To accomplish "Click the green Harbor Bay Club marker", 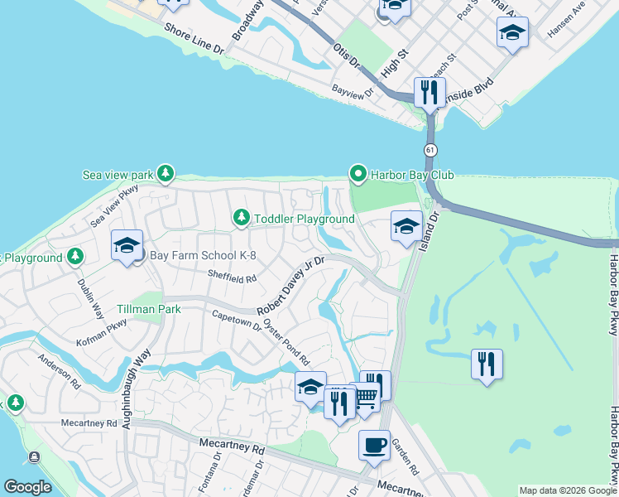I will click(358, 175).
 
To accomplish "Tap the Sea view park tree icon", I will click(166, 173).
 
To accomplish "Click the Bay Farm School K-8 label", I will click(185, 253).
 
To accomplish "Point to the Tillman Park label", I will click(149, 308).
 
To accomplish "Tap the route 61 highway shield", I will click(430, 150).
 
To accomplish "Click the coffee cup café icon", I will click(374, 444).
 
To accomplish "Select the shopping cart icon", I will click(366, 398).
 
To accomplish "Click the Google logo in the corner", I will click(27, 487).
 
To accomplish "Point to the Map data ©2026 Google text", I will click(568, 490).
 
